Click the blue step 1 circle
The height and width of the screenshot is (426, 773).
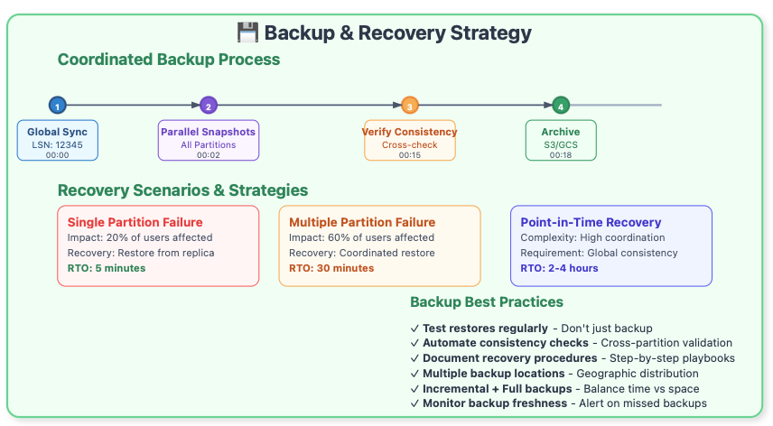(57, 106)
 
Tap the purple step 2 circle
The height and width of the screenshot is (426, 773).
(209, 106)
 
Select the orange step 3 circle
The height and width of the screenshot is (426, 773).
(409, 106)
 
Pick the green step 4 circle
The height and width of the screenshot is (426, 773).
(561, 106)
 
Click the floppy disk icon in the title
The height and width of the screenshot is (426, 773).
(247, 33)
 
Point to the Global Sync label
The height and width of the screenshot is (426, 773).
(57, 132)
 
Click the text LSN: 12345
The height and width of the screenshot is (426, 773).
(57, 144)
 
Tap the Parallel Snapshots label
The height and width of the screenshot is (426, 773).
(209, 132)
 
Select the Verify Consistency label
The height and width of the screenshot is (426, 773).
(409, 132)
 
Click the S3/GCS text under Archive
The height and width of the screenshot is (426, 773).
(561, 144)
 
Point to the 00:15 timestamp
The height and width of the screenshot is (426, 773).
(409, 155)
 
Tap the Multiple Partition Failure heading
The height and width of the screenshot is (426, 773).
(362, 222)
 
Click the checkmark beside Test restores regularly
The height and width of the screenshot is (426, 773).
(414, 329)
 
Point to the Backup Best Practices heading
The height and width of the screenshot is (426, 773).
(487, 302)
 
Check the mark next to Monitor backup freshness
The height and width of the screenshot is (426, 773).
(414, 403)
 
